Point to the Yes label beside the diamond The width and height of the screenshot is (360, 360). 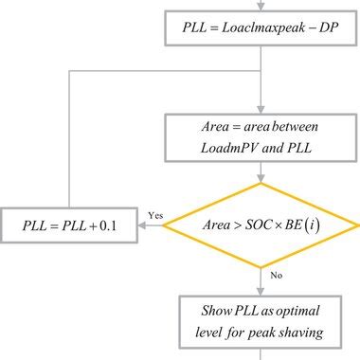tap(155, 216)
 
